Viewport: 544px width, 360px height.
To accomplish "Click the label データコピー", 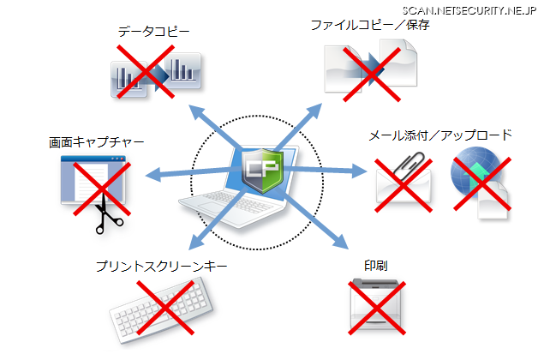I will click(x=153, y=33).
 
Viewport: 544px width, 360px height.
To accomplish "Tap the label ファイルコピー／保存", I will click(x=370, y=25).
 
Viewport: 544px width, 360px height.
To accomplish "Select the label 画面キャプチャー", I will click(x=97, y=142).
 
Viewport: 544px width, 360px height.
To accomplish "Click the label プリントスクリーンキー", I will click(x=162, y=267).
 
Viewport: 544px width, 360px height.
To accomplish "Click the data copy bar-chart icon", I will click(x=155, y=73).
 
